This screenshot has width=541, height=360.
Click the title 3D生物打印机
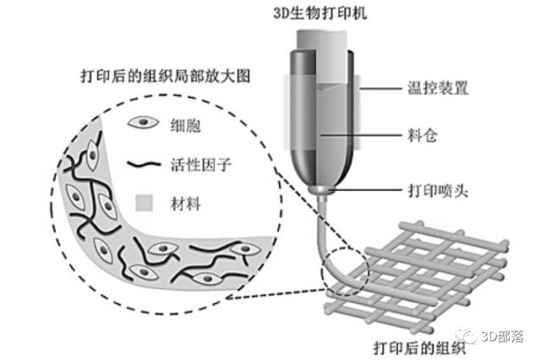tap(320, 14)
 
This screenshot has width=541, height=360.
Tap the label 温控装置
tap(438, 88)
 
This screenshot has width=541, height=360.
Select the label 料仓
tap(423, 135)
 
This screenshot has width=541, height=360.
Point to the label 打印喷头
tap(438, 190)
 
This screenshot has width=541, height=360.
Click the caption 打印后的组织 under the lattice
tap(419, 347)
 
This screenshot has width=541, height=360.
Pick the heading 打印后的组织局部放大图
tap(166, 76)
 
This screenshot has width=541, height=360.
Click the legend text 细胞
tap(185, 125)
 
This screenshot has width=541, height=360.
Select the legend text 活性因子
tap(200, 165)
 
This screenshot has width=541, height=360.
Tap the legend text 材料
tap(185, 204)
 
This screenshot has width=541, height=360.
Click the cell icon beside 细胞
tap(143, 123)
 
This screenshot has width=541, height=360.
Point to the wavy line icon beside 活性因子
tap(144, 165)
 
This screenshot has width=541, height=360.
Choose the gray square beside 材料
tap(144, 203)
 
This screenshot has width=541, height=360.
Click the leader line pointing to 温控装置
tap(380, 89)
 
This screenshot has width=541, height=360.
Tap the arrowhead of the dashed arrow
tap(231, 297)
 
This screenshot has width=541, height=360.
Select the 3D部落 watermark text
tap(503, 336)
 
